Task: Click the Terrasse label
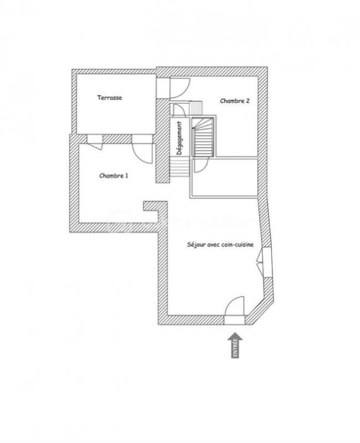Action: pyautogui.click(x=110, y=98)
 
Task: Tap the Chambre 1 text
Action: pyautogui.click(x=114, y=176)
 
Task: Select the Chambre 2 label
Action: pyautogui.click(x=234, y=101)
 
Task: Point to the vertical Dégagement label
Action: pyautogui.click(x=179, y=138)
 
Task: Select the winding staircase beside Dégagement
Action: pyautogui.click(x=203, y=136)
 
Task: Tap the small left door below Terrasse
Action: pyautogui.click(x=94, y=142)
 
